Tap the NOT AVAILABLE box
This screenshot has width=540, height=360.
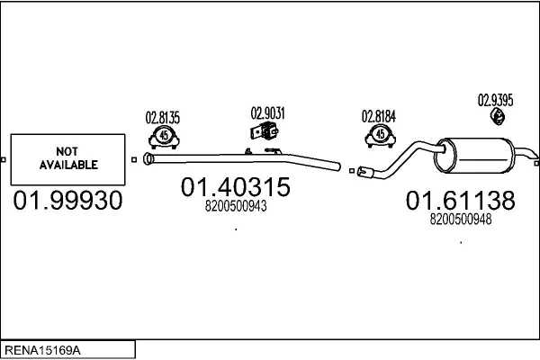coord(67,159)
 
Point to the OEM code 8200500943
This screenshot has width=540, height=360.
coord(237,206)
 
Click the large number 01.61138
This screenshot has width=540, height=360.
coord(460,200)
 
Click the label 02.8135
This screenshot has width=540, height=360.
coord(163,117)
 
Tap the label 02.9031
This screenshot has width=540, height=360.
coord(267,113)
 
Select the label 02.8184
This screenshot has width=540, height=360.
coord(379,116)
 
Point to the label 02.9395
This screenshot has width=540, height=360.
coord(495,100)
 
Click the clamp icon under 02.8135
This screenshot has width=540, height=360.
coord(163,137)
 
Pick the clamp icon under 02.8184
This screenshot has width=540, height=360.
coord(380,137)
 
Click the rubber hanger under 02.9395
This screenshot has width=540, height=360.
coord(496,117)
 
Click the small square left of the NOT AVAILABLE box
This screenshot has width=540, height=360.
coord(4,159)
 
